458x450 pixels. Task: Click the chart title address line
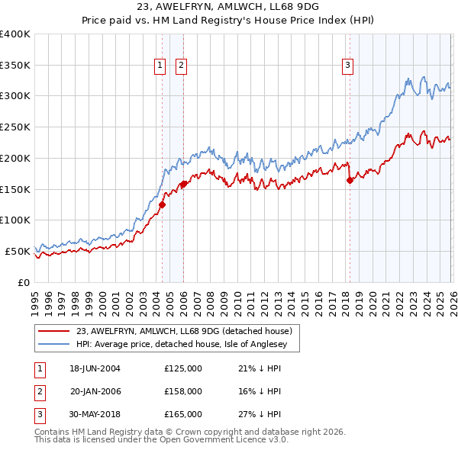coord(228,8)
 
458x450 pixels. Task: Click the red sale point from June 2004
coord(162,204)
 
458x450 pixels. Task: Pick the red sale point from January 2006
coord(184,184)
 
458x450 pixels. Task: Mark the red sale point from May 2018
coord(350,180)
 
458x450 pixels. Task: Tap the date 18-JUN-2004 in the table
coord(95,368)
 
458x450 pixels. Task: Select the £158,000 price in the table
coord(183,391)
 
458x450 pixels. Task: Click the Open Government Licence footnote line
coord(161,440)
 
